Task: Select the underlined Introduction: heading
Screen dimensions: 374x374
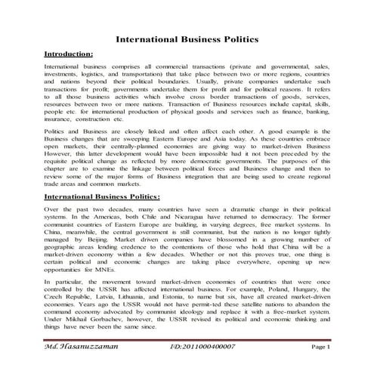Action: (70, 54)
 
